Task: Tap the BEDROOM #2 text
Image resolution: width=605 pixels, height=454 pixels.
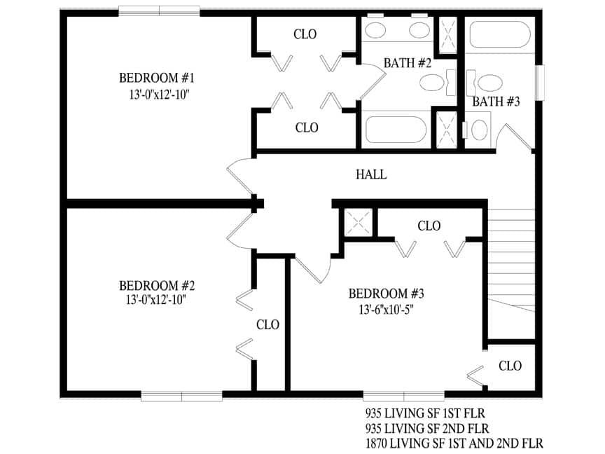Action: coord(156,286)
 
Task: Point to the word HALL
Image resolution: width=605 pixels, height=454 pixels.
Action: coord(371,174)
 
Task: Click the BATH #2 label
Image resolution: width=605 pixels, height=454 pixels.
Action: coord(407,63)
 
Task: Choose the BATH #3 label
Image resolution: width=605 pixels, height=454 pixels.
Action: coord(496,102)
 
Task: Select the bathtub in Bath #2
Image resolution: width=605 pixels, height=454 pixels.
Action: coord(396,131)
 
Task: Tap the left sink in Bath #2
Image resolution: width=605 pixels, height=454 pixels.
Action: coord(376,30)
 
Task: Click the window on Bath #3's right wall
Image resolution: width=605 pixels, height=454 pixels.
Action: coord(539,84)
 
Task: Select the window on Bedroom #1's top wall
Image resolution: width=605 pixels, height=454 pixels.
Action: coord(159,11)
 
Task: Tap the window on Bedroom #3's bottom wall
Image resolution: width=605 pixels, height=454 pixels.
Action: coord(403,396)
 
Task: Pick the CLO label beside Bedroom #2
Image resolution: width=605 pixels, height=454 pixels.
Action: coord(267,325)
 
